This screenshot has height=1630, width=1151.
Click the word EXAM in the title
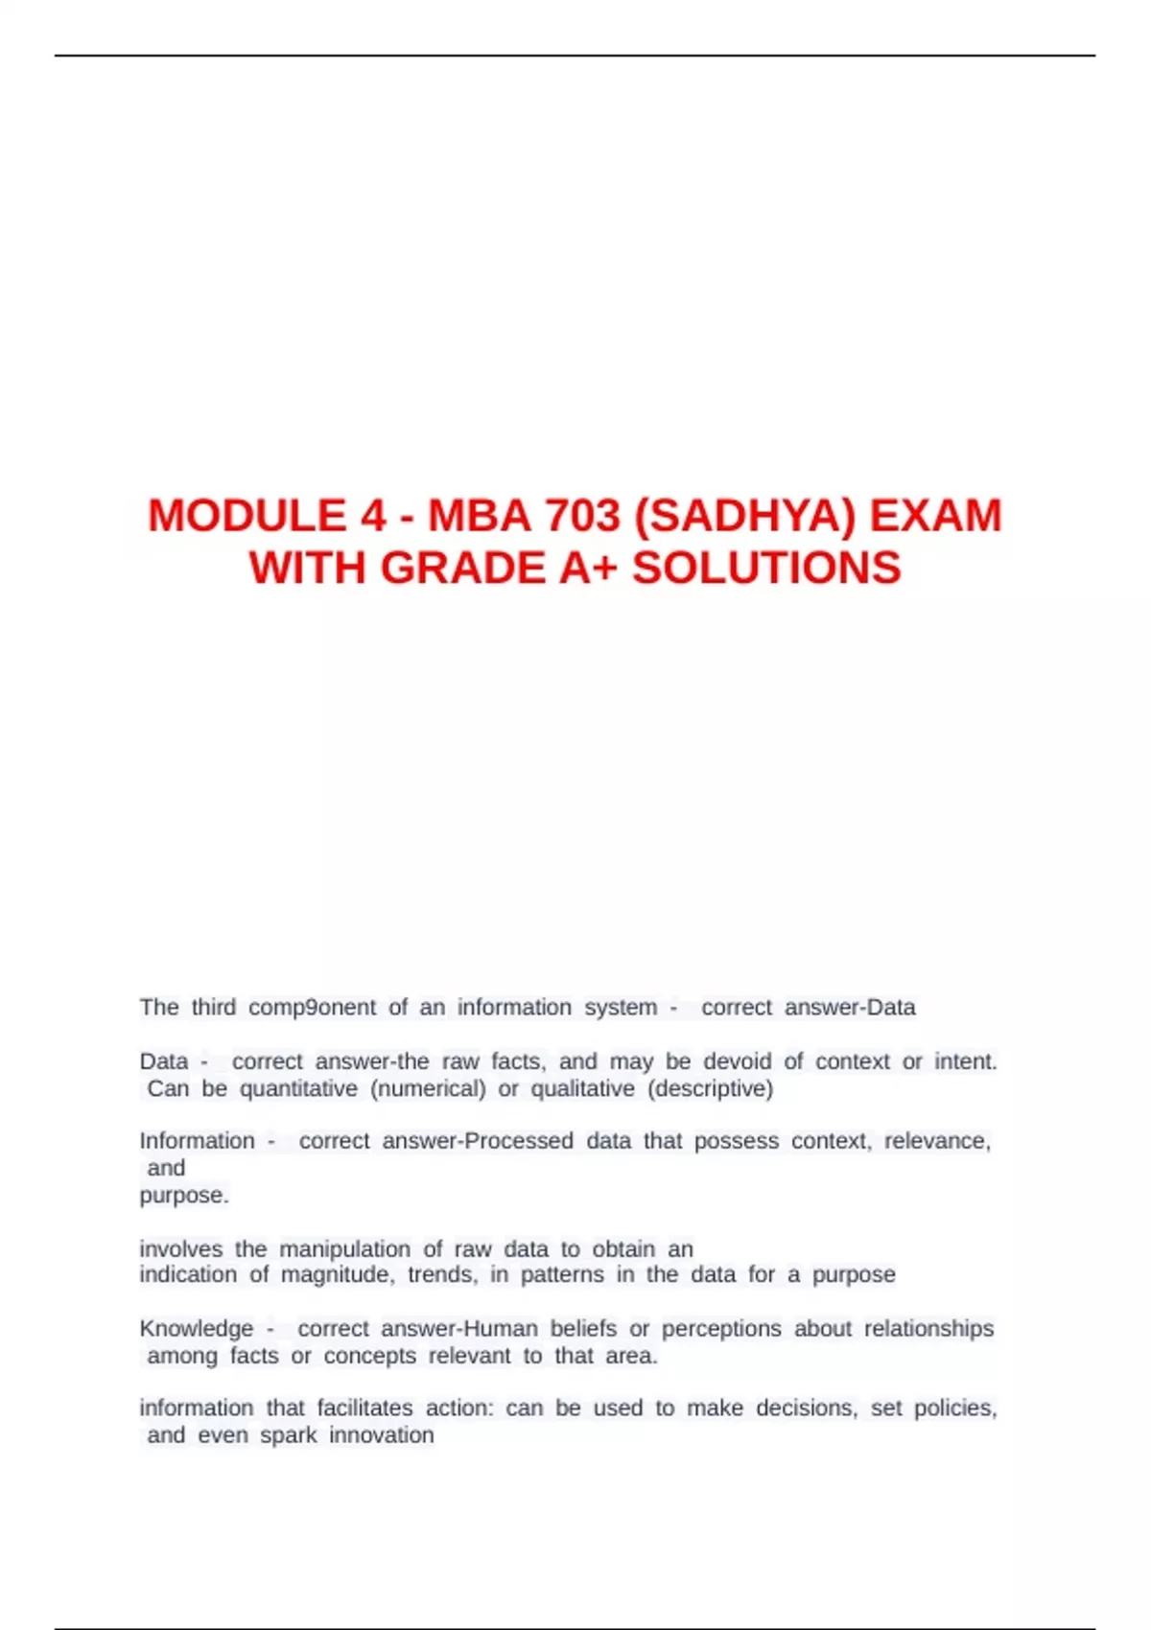(935, 516)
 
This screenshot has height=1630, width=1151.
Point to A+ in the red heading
(588, 568)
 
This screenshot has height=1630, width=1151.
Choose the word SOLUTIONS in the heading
(766, 568)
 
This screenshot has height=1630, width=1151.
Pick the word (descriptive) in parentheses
(711, 1089)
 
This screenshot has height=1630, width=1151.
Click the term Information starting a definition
(198, 1141)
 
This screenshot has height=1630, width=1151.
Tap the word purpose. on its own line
(184, 1196)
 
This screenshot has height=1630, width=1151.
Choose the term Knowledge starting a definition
(197, 1329)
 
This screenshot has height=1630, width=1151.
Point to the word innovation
(382, 1435)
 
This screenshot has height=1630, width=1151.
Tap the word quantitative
(298, 1089)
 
